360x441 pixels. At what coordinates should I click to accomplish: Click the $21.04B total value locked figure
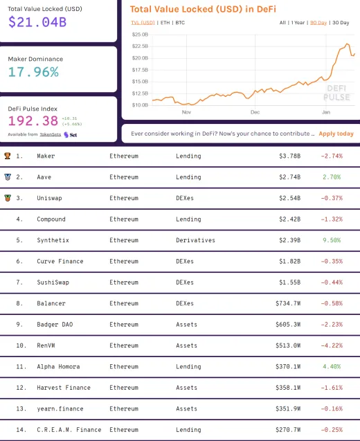(x=38, y=21)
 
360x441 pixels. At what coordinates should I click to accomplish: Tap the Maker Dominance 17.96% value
(x=33, y=72)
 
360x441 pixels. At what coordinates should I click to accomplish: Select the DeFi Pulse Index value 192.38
(x=33, y=120)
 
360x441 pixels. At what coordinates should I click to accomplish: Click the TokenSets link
(x=50, y=134)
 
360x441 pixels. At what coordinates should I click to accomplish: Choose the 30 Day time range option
(x=341, y=23)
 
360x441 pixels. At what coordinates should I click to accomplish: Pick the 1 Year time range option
(x=299, y=23)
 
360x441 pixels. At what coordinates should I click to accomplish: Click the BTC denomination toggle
(x=180, y=23)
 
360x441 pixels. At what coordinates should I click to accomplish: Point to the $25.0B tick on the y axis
(x=140, y=34)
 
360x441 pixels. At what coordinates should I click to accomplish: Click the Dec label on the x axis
(x=255, y=111)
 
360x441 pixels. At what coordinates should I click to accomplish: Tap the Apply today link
(x=336, y=134)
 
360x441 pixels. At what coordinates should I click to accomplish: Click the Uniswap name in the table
(x=50, y=198)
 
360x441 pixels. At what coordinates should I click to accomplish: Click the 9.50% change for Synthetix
(x=331, y=240)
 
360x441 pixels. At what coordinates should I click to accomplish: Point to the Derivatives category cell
(x=195, y=240)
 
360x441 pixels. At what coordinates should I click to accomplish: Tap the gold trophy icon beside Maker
(x=7, y=156)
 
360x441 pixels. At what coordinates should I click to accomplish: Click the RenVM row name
(x=46, y=345)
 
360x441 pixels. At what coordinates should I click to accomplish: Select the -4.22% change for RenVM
(x=331, y=345)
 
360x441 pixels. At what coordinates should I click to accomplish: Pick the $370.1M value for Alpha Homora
(x=286, y=367)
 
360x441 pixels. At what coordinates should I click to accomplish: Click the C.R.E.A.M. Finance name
(x=69, y=430)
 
